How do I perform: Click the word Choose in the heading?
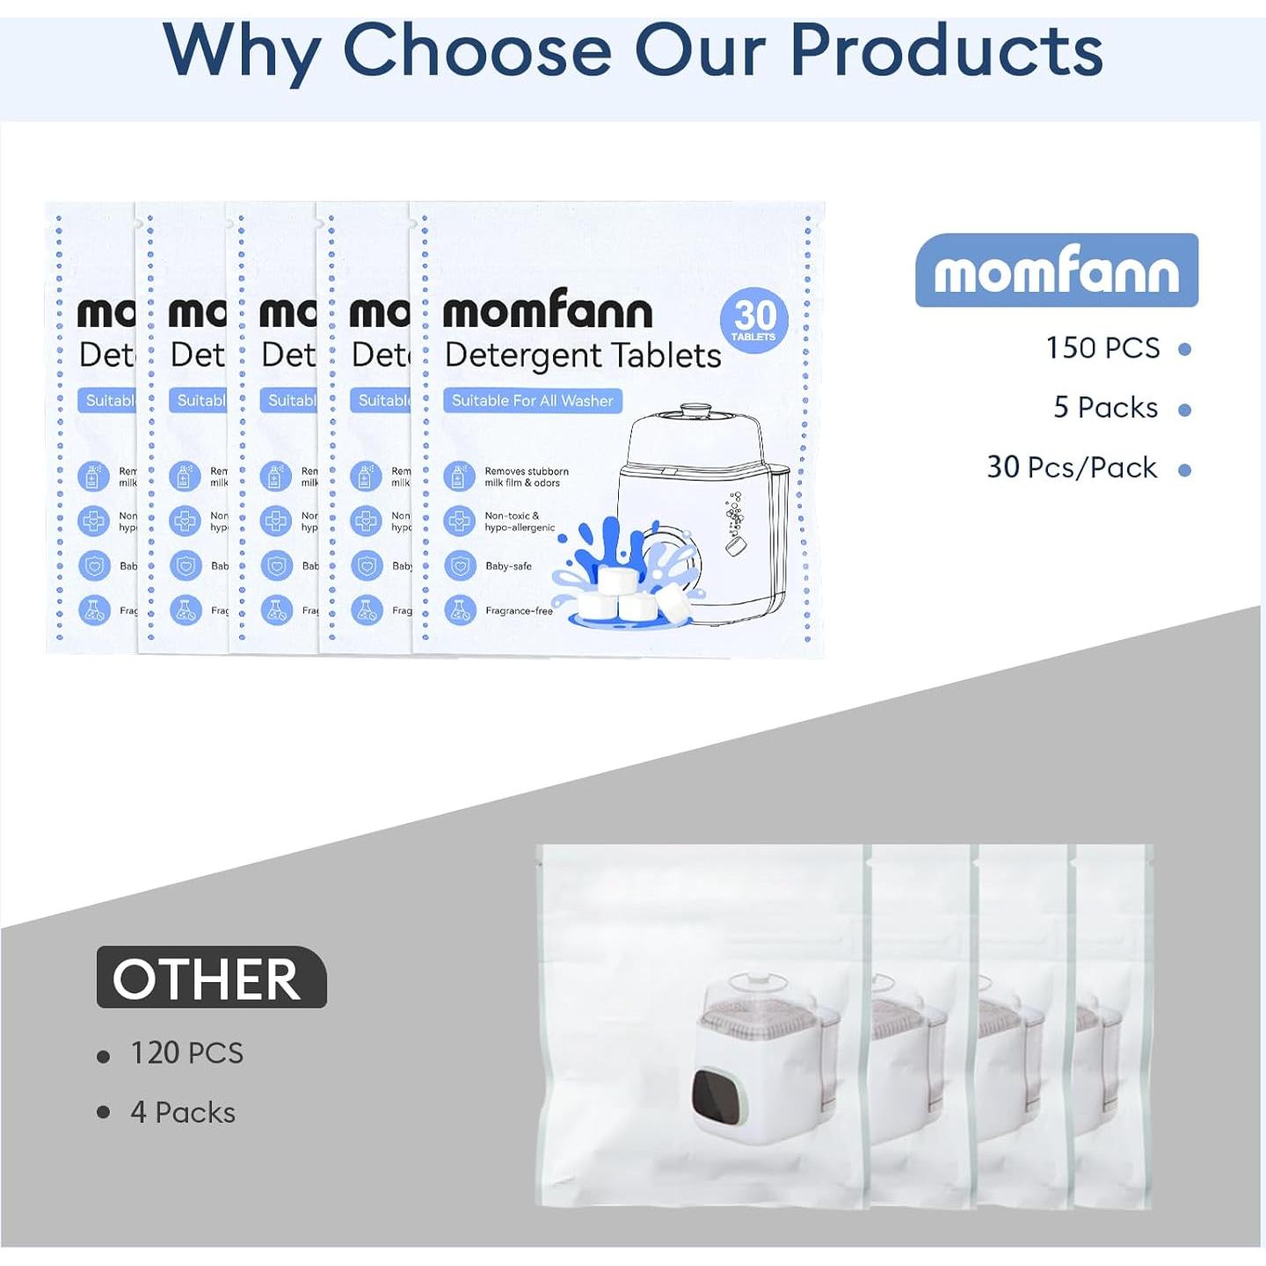(475, 51)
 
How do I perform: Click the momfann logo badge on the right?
(1056, 271)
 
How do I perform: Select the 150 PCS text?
(1102, 348)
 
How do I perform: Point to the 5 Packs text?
(1105, 408)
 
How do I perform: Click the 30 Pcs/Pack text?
(1072, 468)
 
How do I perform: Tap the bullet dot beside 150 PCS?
(1184, 350)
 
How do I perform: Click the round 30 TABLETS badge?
(754, 320)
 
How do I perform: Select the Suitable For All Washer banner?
(533, 401)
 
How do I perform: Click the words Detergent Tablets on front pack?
(583, 355)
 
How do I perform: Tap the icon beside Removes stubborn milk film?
(459, 477)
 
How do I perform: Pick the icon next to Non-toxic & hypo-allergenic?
(459, 521)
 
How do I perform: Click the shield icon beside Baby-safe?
(459, 565)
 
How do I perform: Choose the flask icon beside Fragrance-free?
(459, 609)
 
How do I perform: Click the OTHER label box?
(211, 978)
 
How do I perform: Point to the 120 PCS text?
(186, 1053)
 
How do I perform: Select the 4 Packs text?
(183, 1113)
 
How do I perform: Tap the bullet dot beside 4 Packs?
(104, 1113)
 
